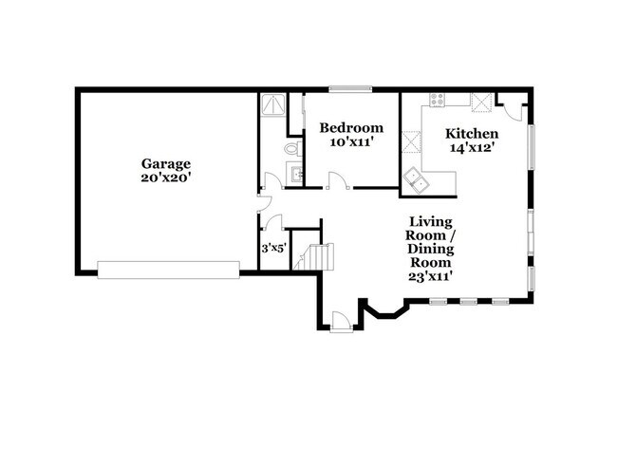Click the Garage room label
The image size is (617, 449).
pos(166,164)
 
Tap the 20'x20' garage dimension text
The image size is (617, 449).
pos(166,178)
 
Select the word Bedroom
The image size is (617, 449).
pos(351,127)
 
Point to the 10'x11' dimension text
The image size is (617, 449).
pos(351,141)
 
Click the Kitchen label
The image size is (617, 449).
pos(472,134)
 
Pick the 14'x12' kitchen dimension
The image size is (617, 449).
pos(472,148)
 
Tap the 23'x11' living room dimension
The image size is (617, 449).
pos(429,276)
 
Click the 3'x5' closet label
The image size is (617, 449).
pos(274,249)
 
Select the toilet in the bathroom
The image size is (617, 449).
pos(292,149)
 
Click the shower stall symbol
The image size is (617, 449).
pos(272,104)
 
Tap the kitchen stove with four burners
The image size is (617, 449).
pos(438,99)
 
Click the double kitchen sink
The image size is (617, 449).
pos(416,179)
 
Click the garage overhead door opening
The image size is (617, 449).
pos(168,270)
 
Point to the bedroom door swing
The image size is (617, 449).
pos(339,180)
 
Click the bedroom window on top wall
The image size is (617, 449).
pos(350,89)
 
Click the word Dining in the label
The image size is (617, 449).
pos(431,249)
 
